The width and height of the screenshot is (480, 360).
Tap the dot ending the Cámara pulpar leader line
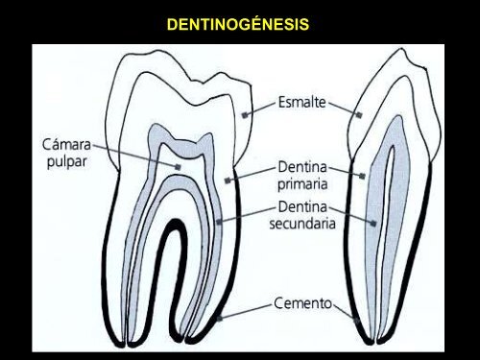[x=179, y=166]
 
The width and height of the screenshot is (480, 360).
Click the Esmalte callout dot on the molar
[x=246, y=114]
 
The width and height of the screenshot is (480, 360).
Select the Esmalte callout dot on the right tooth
[x=359, y=114]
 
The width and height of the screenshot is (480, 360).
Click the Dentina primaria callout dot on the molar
[x=228, y=180]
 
